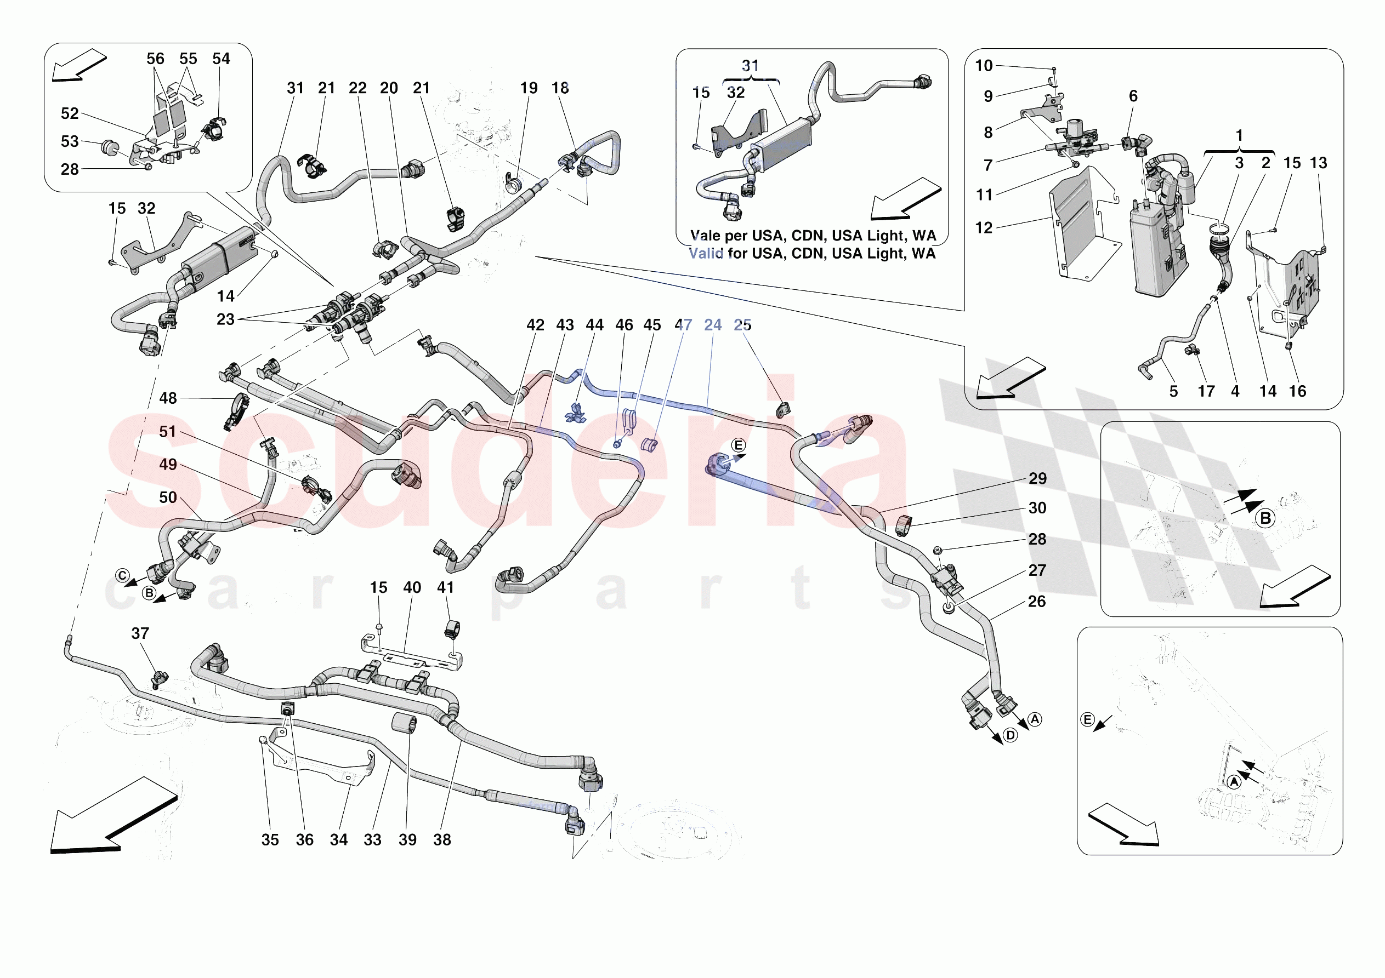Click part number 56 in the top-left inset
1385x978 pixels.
click(155, 59)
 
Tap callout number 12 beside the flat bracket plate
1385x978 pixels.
click(983, 227)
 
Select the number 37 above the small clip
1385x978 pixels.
click(140, 633)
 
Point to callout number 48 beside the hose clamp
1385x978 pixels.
click(168, 398)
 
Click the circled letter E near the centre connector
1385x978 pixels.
click(739, 445)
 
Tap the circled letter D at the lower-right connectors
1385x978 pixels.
click(1011, 735)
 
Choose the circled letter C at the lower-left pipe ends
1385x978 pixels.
click(122, 575)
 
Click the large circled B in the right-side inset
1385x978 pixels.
click(1265, 518)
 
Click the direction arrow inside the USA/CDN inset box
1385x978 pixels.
click(904, 199)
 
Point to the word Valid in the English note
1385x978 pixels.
click(706, 253)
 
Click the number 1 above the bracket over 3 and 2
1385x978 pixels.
click(1239, 135)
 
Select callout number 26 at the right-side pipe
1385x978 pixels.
click(1037, 601)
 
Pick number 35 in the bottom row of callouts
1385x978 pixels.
click(270, 839)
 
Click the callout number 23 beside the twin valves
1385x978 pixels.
click(225, 319)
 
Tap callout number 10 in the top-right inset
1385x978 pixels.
click(983, 65)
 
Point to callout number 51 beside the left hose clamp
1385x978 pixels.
click(168, 431)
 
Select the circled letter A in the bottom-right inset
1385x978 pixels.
click(1234, 782)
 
